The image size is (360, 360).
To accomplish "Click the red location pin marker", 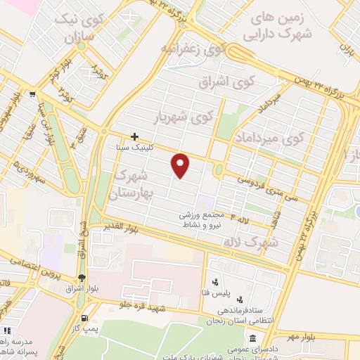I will [181, 165].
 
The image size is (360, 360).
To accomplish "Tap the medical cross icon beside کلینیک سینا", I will [134, 136].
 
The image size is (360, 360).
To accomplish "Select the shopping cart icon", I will [33, 94].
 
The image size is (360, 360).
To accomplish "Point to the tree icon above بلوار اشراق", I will [82, 277].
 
